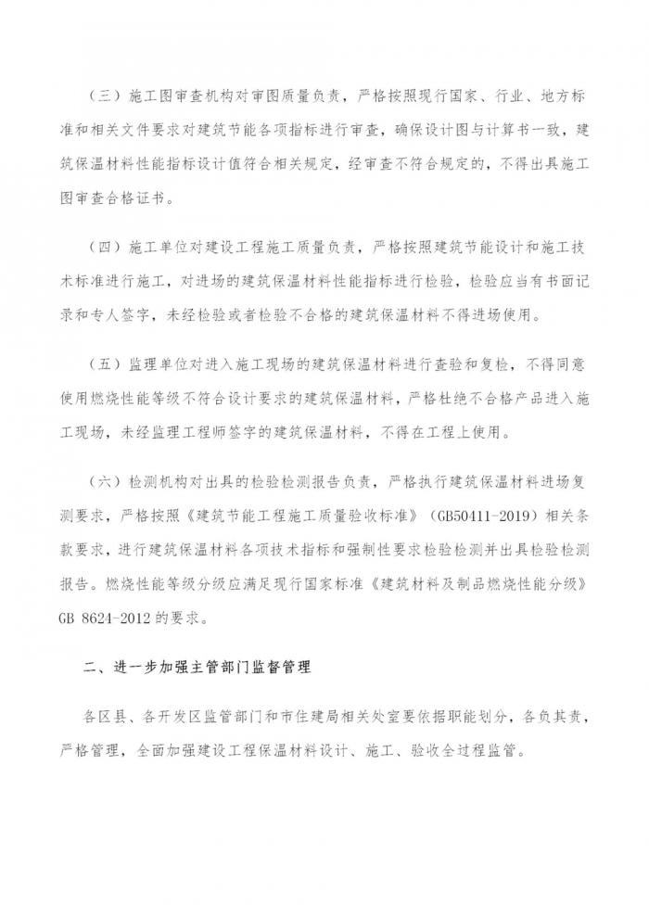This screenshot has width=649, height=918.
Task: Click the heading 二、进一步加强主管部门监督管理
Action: pos(197,668)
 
